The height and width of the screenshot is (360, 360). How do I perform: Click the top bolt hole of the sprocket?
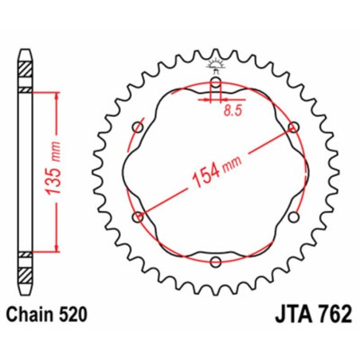pos(216,81)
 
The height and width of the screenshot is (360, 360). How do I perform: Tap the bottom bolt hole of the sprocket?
pos(216,260)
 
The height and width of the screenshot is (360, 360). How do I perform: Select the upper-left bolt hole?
pos(138,127)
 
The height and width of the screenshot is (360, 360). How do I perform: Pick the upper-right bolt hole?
pos(294,127)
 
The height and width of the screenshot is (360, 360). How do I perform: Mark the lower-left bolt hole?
pos(139,216)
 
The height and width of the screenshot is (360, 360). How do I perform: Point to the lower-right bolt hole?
pos(293,216)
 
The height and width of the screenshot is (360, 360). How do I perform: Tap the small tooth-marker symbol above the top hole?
pos(216,63)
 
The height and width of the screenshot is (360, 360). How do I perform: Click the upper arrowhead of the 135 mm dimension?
pos(56,95)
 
